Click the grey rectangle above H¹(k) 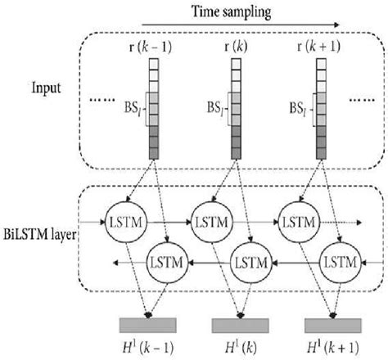241,324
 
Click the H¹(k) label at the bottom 239,348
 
